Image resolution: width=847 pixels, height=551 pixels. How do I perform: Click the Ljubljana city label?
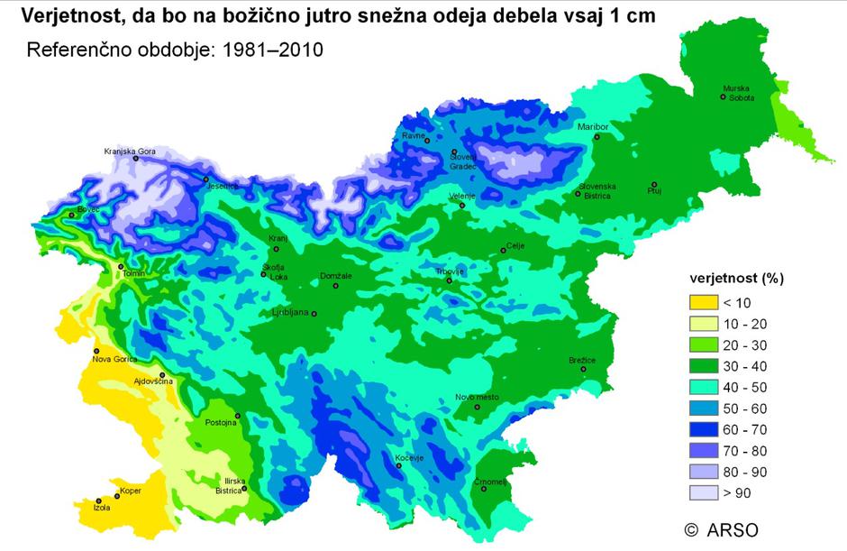(290, 313)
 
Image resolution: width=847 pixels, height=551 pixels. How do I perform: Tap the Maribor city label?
(594, 127)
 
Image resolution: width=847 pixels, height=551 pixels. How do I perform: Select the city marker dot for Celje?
(504, 250)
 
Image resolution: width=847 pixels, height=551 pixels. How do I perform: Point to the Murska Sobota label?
(737, 93)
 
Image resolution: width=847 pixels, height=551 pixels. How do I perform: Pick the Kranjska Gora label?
(130, 152)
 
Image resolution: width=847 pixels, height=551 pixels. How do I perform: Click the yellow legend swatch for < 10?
(703, 303)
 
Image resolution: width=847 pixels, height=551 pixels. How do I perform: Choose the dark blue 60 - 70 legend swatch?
(703, 429)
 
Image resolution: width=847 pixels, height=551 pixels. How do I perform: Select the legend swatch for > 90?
(703, 492)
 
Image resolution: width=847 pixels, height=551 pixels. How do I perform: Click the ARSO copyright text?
(722, 528)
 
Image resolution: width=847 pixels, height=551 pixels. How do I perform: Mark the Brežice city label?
(582, 361)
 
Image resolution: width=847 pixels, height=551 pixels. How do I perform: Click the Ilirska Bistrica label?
(228, 486)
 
